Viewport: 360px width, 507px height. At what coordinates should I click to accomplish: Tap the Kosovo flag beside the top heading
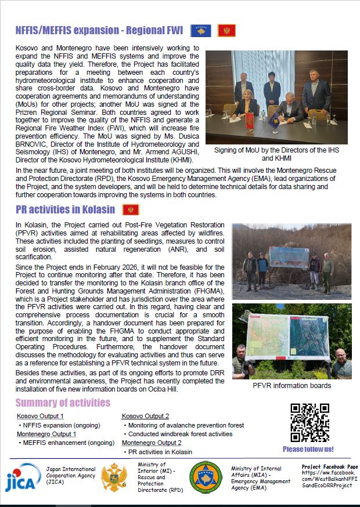201,31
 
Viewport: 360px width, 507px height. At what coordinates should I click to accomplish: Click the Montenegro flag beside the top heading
226,31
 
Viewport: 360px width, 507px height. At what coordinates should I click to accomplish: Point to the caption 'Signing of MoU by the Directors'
276,153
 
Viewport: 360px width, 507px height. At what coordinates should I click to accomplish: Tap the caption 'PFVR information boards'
291,385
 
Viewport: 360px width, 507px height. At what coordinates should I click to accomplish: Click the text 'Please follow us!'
308,449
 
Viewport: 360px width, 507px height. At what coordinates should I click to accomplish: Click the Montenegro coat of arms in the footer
114,477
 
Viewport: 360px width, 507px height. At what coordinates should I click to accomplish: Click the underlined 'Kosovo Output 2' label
145,416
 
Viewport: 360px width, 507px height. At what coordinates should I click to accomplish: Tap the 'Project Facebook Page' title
329,466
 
